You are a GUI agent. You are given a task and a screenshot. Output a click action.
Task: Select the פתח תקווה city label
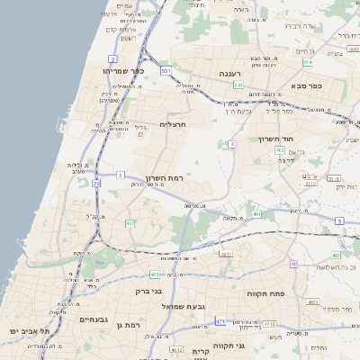click(265, 293)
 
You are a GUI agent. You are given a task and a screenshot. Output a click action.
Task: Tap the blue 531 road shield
click(166, 69)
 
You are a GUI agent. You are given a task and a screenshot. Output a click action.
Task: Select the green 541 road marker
click(238, 85)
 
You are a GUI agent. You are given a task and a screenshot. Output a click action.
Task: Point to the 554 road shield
click(307, 62)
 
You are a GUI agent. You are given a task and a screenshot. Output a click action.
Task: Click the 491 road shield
click(257, 214)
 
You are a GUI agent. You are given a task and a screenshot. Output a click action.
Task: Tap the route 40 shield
click(293, 263)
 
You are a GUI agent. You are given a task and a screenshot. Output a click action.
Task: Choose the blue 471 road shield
click(220, 320)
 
